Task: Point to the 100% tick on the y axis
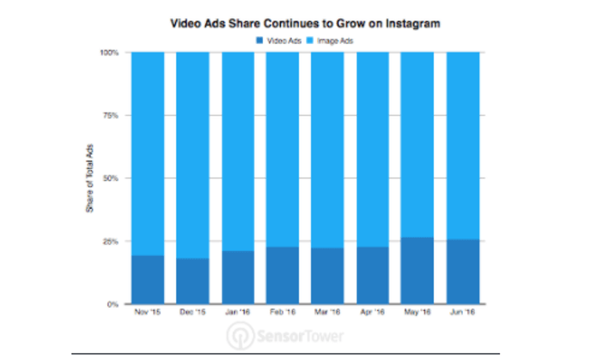(x=109, y=53)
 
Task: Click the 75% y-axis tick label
(x=112, y=116)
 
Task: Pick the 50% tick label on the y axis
(x=112, y=179)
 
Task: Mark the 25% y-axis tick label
(x=112, y=241)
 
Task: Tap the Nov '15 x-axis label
(x=148, y=314)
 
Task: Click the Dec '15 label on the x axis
(x=192, y=314)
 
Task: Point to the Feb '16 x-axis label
(x=283, y=314)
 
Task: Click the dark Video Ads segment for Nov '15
(x=148, y=280)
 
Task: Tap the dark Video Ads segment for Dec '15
(x=192, y=281)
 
